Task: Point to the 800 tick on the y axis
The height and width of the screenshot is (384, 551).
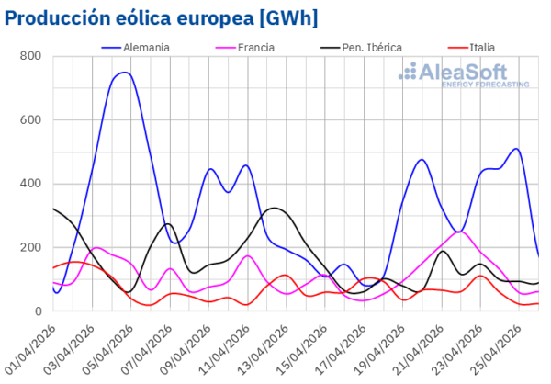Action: (30, 57)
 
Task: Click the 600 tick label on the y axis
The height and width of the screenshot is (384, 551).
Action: (30, 120)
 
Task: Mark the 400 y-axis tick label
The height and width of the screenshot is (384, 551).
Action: (30, 184)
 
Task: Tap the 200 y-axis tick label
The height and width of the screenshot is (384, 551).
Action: (30, 248)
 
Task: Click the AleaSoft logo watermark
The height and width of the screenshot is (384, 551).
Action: (469, 73)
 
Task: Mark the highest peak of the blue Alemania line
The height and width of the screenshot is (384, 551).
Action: (124, 73)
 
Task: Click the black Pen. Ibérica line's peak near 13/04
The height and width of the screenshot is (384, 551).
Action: (275, 208)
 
